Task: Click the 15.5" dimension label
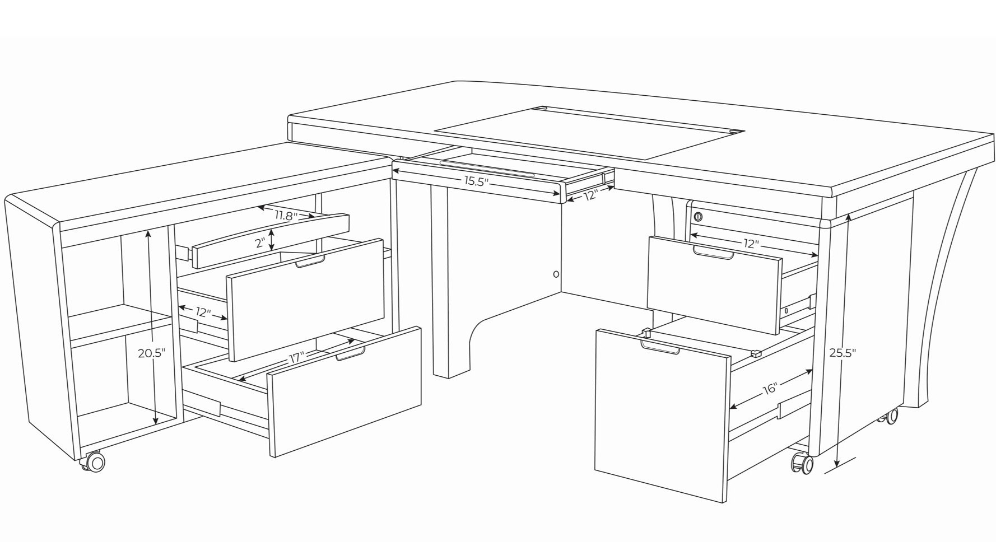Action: click(x=476, y=181)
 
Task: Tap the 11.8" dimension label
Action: click(x=286, y=215)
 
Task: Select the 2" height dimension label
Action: click(x=260, y=243)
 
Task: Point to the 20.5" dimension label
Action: click(x=152, y=353)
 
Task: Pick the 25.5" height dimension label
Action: click(x=843, y=353)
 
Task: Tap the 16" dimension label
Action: click(x=770, y=388)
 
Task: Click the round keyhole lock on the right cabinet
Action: click(x=698, y=217)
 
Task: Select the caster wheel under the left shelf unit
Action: click(x=95, y=462)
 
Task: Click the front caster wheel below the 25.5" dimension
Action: click(x=802, y=464)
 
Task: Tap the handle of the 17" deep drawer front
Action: click(x=351, y=353)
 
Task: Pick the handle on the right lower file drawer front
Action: click(x=661, y=349)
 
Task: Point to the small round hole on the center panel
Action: click(x=556, y=274)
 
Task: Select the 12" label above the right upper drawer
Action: click(x=751, y=244)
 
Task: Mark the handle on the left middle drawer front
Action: click(x=310, y=262)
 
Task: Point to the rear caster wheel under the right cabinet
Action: click(x=891, y=416)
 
